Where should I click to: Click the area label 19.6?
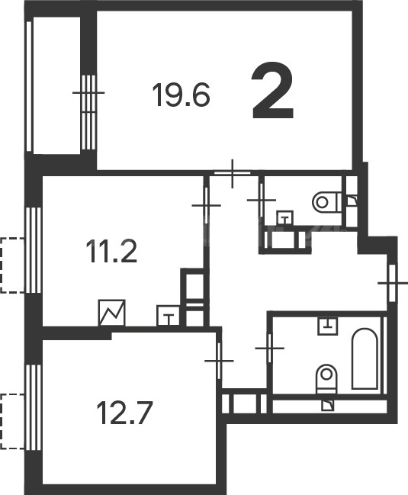(181, 95)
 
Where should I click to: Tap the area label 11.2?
(112, 251)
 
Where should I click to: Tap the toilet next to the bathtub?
(326, 379)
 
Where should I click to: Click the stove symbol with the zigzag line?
(111, 313)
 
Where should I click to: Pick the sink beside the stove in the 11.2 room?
(169, 315)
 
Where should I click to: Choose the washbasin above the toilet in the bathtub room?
(327, 326)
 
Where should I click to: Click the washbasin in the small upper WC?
(285, 218)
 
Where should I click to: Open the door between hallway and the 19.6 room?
(233, 173)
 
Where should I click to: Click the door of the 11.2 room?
(206, 205)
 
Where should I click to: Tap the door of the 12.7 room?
(220, 361)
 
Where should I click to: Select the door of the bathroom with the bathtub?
(270, 349)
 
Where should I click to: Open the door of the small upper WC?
(262, 200)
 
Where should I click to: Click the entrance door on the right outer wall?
(392, 283)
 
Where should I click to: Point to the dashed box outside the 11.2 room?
(12, 265)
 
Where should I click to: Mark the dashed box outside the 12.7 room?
(12, 422)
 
